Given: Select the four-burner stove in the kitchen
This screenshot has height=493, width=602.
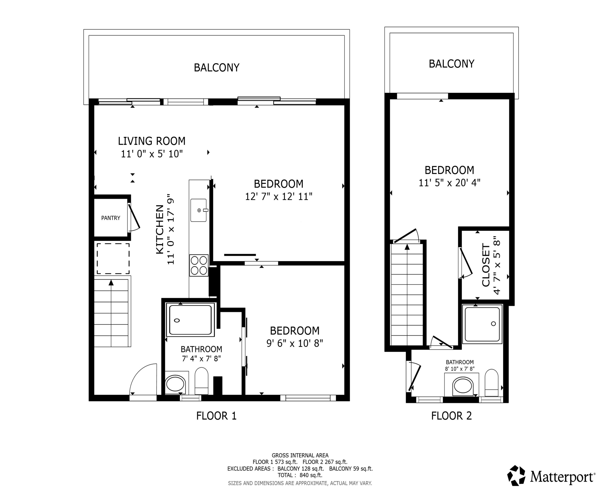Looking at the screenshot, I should (x=199, y=265).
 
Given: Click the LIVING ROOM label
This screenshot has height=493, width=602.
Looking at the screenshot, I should (x=152, y=141).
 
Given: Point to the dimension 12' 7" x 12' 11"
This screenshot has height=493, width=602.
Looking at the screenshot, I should (x=279, y=196).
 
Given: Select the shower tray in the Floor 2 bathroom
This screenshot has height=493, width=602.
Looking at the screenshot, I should (x=482, y=324).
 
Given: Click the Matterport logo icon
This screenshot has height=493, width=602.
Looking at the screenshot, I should (x=517, y=475).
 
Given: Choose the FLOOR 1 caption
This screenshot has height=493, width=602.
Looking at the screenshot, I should (x=216, y=416).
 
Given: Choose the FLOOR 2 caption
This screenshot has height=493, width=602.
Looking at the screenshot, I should (x=451, y=416).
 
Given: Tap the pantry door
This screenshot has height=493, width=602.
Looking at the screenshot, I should (x=134, y=217).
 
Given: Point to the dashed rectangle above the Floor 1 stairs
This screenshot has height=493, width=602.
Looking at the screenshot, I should (x=113, y=258).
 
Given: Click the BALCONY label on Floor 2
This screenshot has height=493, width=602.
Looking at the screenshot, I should (x=451, y=64).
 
